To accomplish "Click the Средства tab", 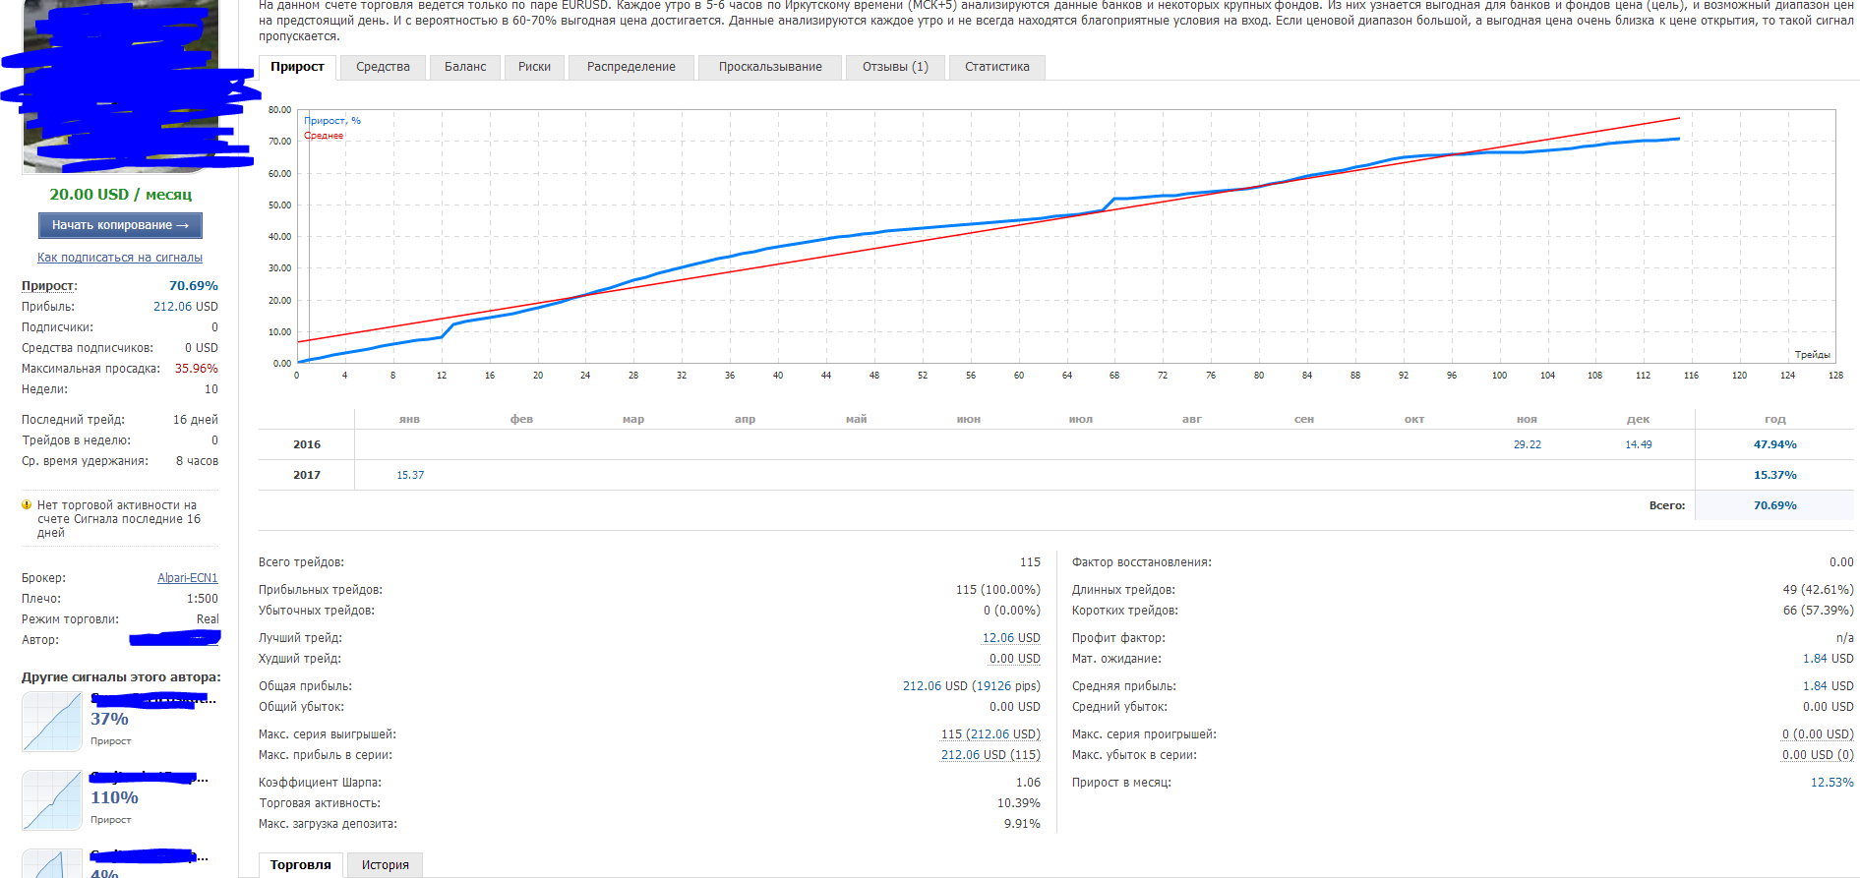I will click(x=383, y=67).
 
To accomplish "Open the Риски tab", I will click(x=534, y=67).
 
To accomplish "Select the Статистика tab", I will click(x=996, y=67).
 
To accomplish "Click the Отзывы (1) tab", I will click(x=895, y=67).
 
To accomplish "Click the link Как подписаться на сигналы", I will click(x=120, y=258).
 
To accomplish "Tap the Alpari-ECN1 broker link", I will click(x=188, y=578).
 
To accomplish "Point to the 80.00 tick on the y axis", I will click(x=279, y=110).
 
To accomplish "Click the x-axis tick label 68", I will click(x=1114, y=376).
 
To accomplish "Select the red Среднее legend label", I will click(x=324, y=136).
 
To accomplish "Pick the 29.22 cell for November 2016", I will click(x=1527, y=444).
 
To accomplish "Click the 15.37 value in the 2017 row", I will click(x=410, y=475).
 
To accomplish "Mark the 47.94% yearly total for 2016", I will click(x=1774, y=444).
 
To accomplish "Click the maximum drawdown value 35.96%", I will click(x=197, y=369).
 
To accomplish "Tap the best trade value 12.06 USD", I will click(x=1011, y=638).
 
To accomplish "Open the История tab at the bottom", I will click(x=385, y=865).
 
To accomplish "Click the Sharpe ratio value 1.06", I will click(x=1028, y=783).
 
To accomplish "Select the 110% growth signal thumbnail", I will click(x=52, y=800).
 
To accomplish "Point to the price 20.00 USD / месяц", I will click(x=121, y=195).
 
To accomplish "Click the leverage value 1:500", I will click(x=203, y=599).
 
